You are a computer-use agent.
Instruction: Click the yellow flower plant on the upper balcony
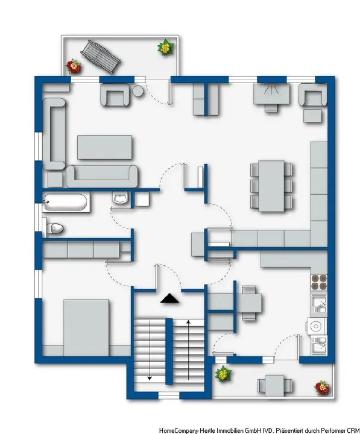[x=164, y=47]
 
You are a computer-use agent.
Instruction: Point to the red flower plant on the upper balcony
[x=74, y=65]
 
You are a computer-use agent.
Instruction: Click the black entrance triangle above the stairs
[x=169, y=298]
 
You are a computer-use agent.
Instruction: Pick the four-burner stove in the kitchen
[x=318, y=283]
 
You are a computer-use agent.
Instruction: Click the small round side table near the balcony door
[x=138, y=91]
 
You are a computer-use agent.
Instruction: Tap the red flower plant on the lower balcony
[x=322, y=386]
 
